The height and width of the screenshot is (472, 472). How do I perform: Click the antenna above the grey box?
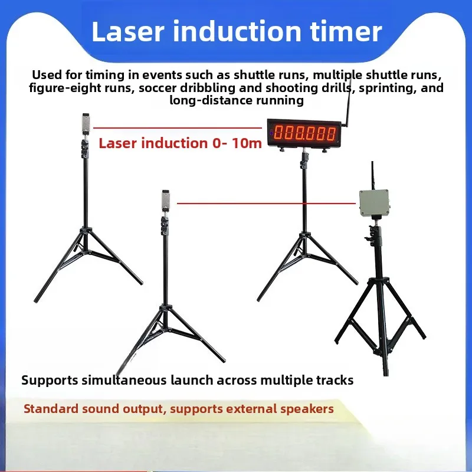(372, 175)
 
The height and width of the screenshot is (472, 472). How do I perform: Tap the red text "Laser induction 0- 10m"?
(180, 143)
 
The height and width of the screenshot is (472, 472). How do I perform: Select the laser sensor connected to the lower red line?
(166, 201)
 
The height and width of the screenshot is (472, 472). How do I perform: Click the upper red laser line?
(177, 127)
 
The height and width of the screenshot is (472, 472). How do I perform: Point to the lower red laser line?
(265, 204)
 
